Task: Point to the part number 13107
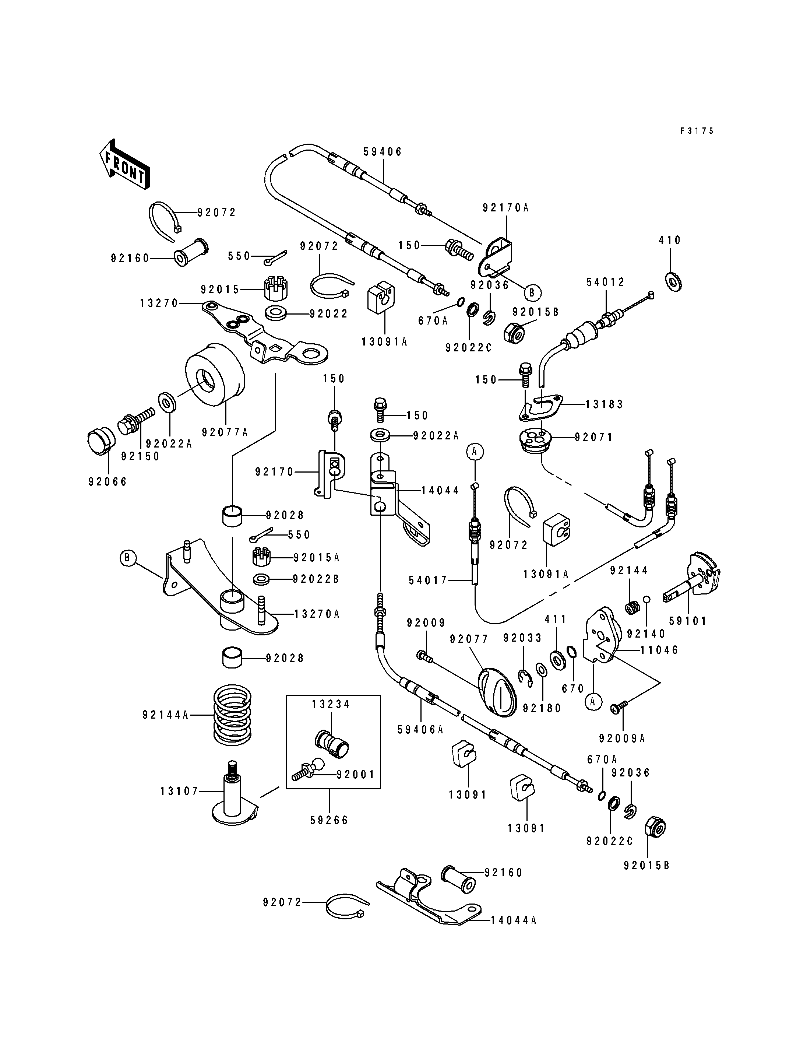click(179, 791)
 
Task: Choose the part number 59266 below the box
click(330, 820)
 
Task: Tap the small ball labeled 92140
click(646, 599)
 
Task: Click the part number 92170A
click(505, 208)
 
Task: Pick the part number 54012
click(605, 282)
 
